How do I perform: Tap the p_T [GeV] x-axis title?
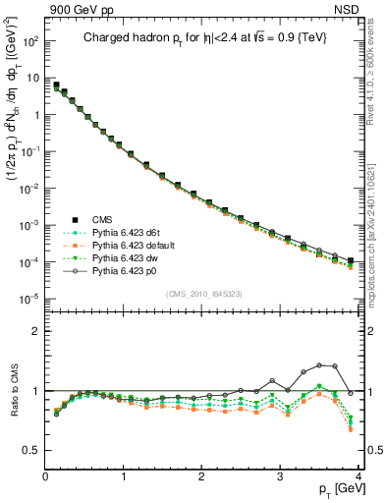[336, 490]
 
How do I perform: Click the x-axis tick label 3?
[280, 476]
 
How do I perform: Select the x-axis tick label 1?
[124, 476]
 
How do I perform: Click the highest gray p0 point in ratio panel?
[319, 364]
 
